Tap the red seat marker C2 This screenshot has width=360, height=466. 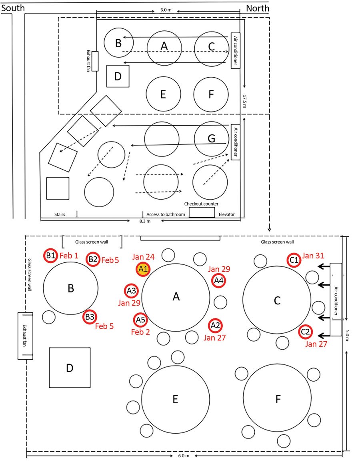[305, 331]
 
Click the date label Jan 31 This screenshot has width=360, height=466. [313, 255]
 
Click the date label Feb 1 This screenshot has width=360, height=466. [69, 255]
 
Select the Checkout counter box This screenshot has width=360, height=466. [202, 212]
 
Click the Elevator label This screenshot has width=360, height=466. [227, 214]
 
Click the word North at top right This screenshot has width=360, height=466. [257, 8]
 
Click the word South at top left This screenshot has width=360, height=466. [13, 8]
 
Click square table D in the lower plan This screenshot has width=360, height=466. [70, 368]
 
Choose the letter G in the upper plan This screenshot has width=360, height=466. [211, 139]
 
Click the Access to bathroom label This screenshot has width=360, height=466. [166, 214]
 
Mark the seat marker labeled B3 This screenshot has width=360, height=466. [89, 317]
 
